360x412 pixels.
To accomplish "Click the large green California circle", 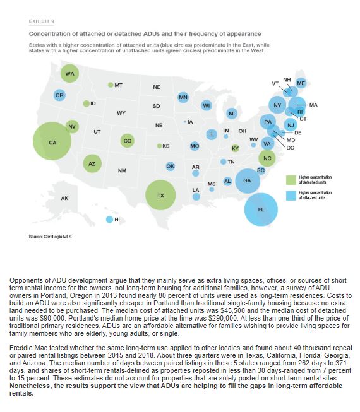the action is tap(52, 141).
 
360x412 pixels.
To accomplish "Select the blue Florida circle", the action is tap(261, 209).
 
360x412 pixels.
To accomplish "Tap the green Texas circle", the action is tap(160, 195).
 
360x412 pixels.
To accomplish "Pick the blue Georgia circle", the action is tap(248, 181).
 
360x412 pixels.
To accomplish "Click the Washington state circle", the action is tap(69, 74).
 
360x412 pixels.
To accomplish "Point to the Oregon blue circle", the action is tap(59, 95).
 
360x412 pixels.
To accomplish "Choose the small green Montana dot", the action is tap(111, 85).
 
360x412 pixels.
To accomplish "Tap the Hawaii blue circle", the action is tap(109, 220).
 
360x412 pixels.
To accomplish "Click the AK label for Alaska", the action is tap(64, 198).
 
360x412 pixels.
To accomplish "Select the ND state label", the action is tap(157, 87).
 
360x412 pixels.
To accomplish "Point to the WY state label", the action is tap(121, 113).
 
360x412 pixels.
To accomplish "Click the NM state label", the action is tap(122, 171).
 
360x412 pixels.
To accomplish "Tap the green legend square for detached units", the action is tap(291, 180).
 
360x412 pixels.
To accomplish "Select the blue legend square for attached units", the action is tap(291, 196).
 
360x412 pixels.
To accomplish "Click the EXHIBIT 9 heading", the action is tap(42, 21).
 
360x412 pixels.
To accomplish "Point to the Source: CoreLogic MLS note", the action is tap(51, 237).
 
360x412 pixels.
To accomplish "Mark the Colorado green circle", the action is tap(128, 141).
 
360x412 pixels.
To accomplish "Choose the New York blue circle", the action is tap(277, 105).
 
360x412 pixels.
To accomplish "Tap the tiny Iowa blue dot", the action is tap(185, 122).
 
